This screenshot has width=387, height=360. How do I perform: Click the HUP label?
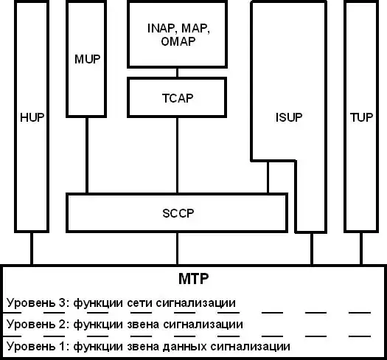tap(32, 117)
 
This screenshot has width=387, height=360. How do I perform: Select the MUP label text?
tap(88, 59)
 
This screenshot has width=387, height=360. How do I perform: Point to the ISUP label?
tap(289, 117)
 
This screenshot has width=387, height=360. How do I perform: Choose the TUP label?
tap(361, 117)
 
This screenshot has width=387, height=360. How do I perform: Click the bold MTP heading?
tap(193, 278)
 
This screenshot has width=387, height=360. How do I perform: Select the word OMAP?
tap(178, 41)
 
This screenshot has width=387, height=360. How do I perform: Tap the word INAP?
tap(161, 28)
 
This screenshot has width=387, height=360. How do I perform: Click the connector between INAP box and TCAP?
tap(177, 72)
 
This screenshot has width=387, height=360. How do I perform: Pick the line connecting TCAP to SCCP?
tap(177, 155)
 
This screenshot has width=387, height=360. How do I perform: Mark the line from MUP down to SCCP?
tap(87, 155)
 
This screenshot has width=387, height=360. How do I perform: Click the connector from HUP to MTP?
tap(32, 249)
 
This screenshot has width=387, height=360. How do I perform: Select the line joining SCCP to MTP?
tap(177, 249)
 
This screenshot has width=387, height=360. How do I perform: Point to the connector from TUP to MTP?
tap(361, 249)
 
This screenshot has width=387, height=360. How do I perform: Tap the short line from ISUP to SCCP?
tap(268, 177)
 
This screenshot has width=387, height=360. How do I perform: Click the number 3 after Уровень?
tap(62, 303)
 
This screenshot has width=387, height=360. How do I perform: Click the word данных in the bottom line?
tap(184, 347)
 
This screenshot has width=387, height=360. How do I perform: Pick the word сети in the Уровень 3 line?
tap(139, 303)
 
